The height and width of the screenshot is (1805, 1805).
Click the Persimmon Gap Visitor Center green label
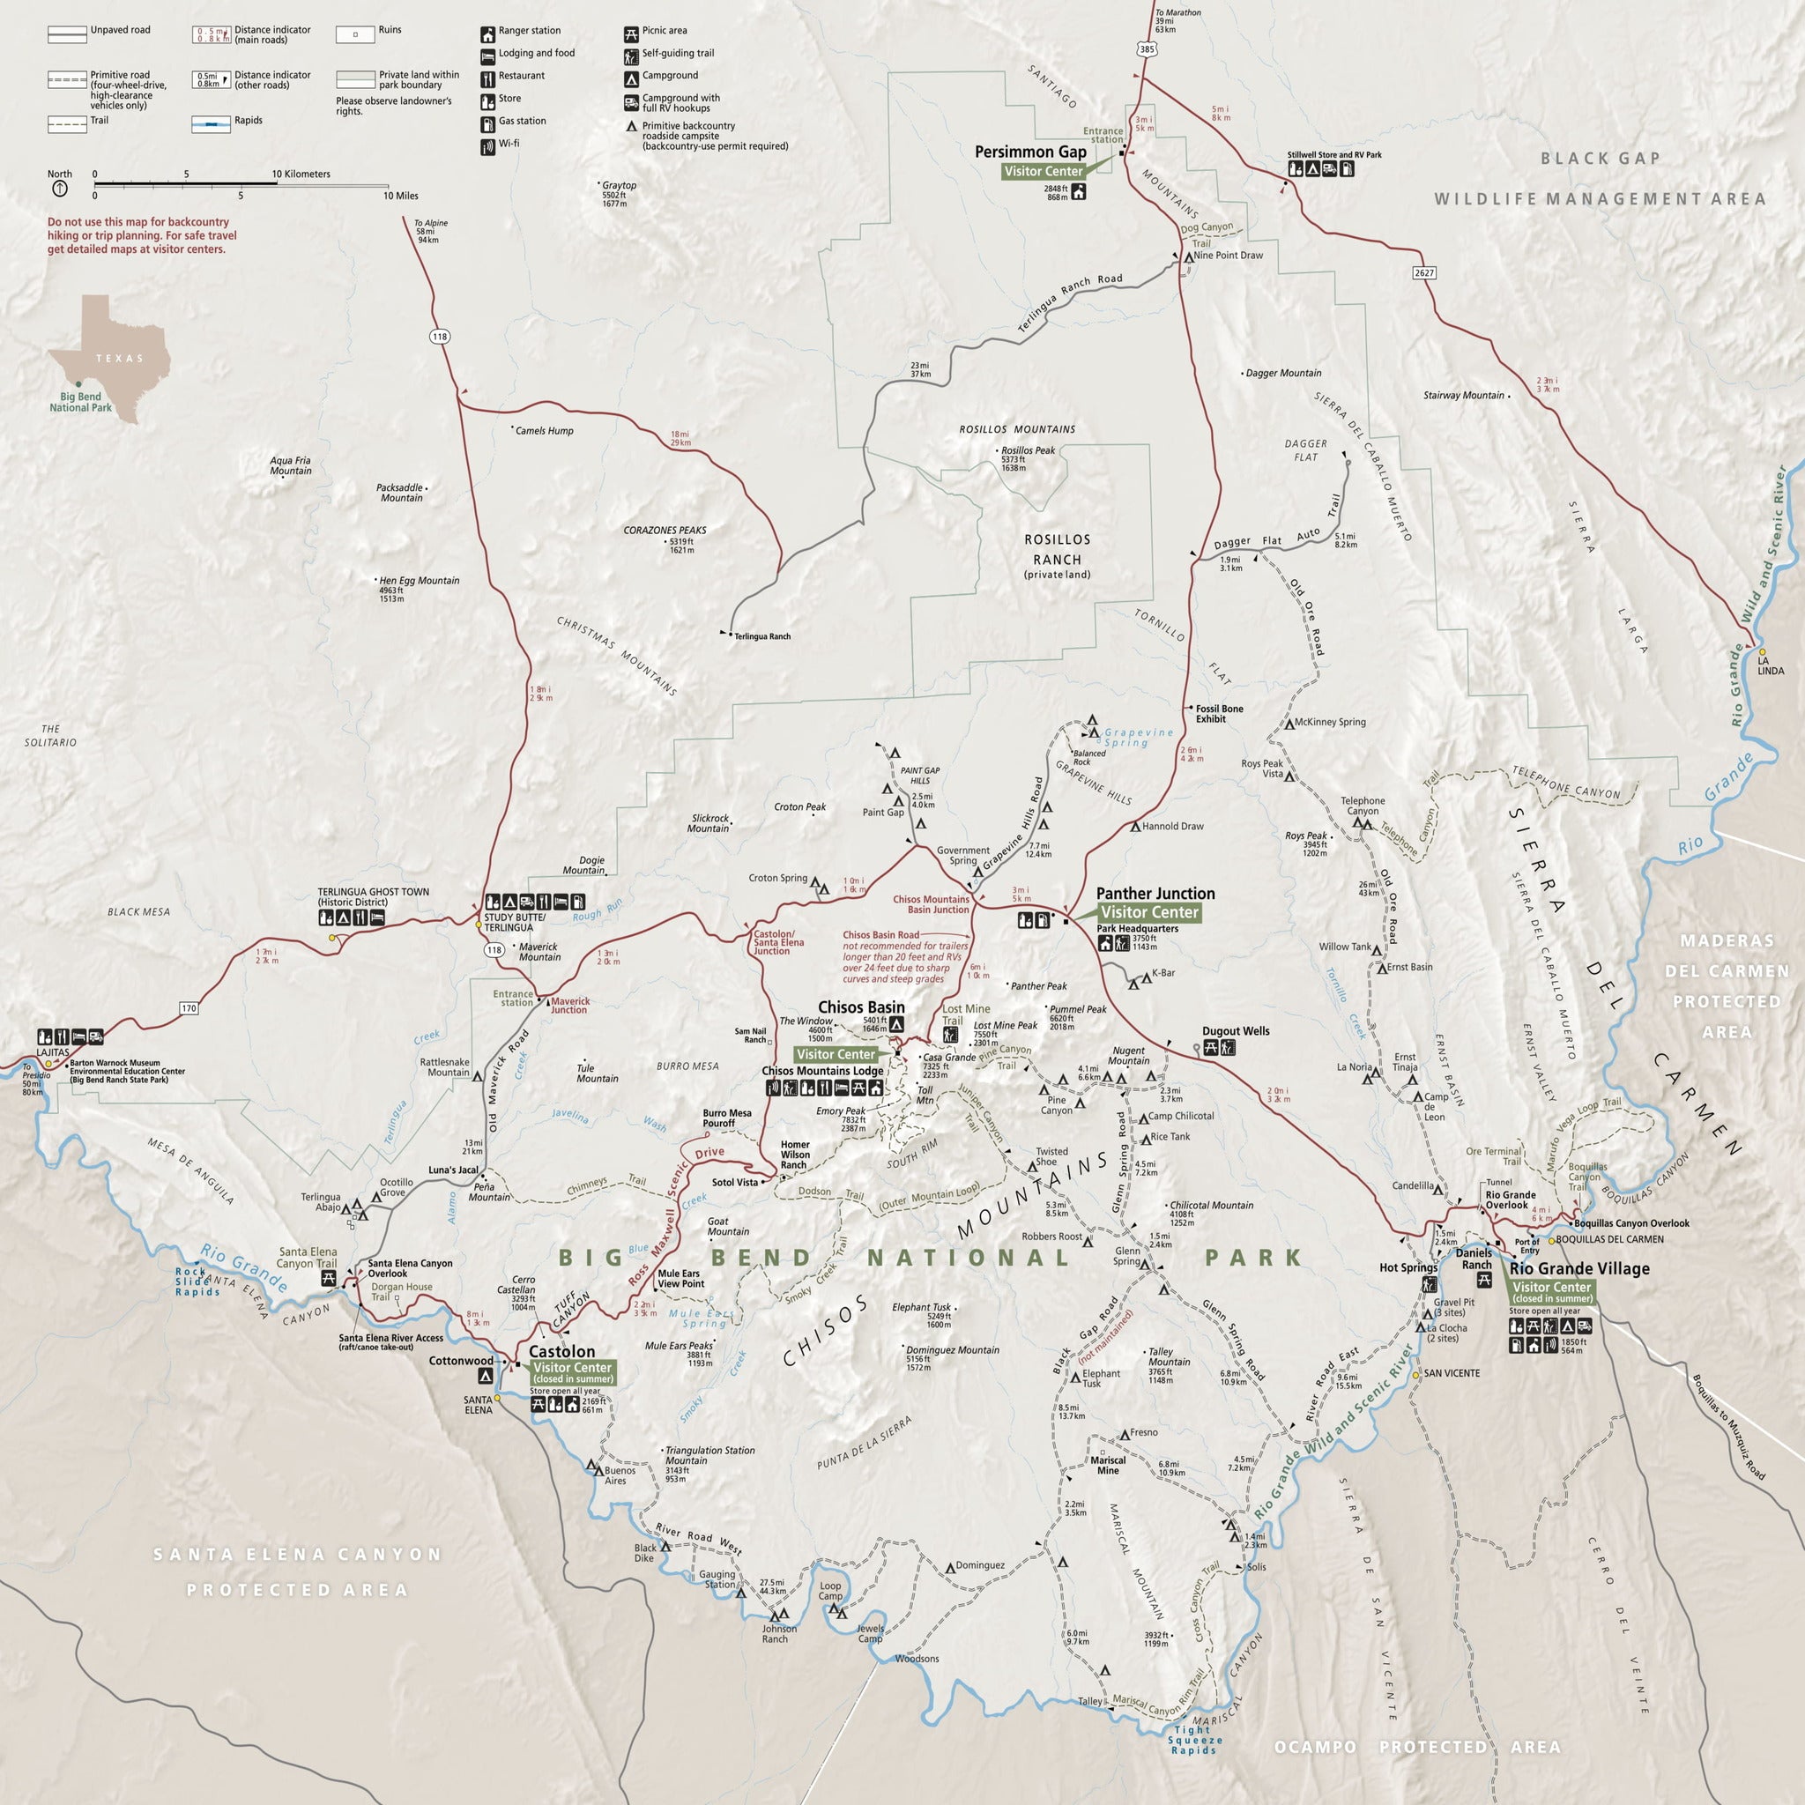coord(1043,171)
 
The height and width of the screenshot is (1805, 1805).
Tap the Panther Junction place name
coord(1155,893)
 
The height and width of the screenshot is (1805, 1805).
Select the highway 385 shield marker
coord(1148,48)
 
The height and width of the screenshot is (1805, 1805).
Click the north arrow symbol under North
coord(60,189)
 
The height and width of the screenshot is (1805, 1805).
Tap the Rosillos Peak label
coord(1028,450)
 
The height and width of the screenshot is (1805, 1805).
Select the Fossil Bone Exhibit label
coord(1218,714)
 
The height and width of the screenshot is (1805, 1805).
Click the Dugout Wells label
coord(1235,1031)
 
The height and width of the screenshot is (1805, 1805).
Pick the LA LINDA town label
coord(1771,665)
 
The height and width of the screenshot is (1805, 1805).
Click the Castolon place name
coord(561,1352)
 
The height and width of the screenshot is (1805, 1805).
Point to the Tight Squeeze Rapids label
coord(1194,1740)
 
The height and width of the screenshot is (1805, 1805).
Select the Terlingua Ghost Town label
coord(373,897)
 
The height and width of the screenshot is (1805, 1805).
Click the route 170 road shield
coord(189,1008)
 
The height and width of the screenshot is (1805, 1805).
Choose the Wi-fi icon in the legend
coord(487,146)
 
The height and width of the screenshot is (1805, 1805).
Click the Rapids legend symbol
coord(212,124)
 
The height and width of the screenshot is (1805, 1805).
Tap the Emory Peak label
coord(841,1111)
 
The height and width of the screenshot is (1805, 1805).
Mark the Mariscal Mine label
coord(1107,1465)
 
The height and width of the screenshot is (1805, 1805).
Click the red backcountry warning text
coord(142,235)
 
